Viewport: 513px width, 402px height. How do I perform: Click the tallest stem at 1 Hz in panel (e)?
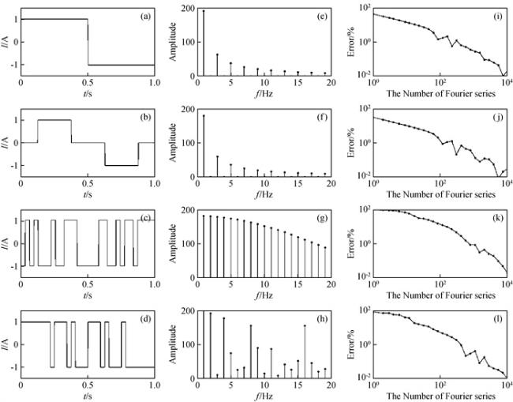[203, 43]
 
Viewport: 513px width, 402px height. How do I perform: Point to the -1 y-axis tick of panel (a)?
[13, 65]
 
